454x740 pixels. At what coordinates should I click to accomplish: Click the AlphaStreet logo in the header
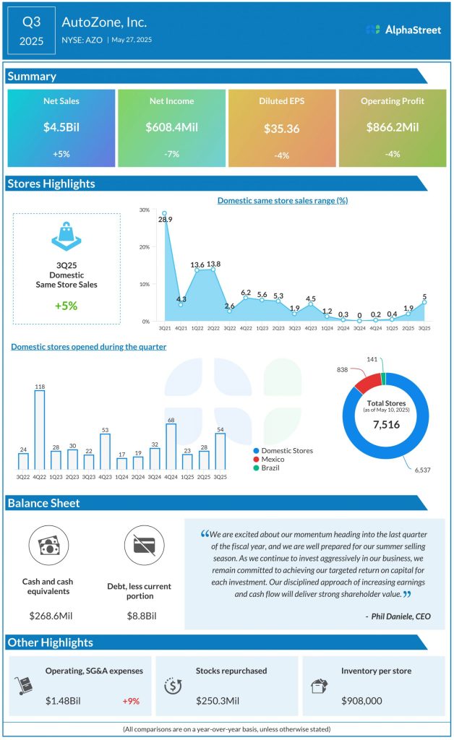[x=403, y=30]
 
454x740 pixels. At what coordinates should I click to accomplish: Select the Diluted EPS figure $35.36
[x=282, y=129]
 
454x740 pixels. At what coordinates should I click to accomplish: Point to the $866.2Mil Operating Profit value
[x=393, y=127]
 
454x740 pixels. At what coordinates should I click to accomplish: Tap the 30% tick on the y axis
[x=145, y=210]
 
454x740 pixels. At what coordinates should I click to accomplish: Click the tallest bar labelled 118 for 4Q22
[x=40, y=431]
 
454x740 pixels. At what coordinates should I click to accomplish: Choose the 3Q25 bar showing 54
[x=220, y=452]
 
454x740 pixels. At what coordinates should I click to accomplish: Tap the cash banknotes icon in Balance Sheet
[x=47, y=545]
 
